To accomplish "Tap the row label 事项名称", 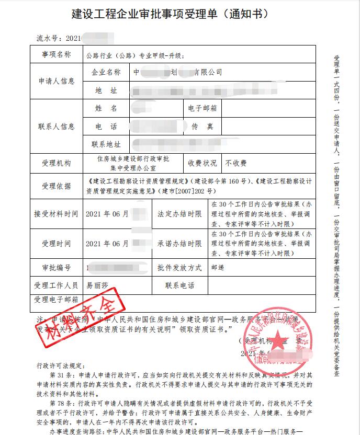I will [55, 54].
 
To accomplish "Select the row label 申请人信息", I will [55, 81].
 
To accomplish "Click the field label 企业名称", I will [106, 72].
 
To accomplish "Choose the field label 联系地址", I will [106, 144].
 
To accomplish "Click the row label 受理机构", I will [55, 163].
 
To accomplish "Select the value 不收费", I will [236, 163].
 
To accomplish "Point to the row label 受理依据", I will [55, 186].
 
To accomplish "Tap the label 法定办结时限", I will [179, 214].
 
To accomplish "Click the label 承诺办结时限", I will [179, 243].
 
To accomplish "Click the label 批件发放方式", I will [179, 267].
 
